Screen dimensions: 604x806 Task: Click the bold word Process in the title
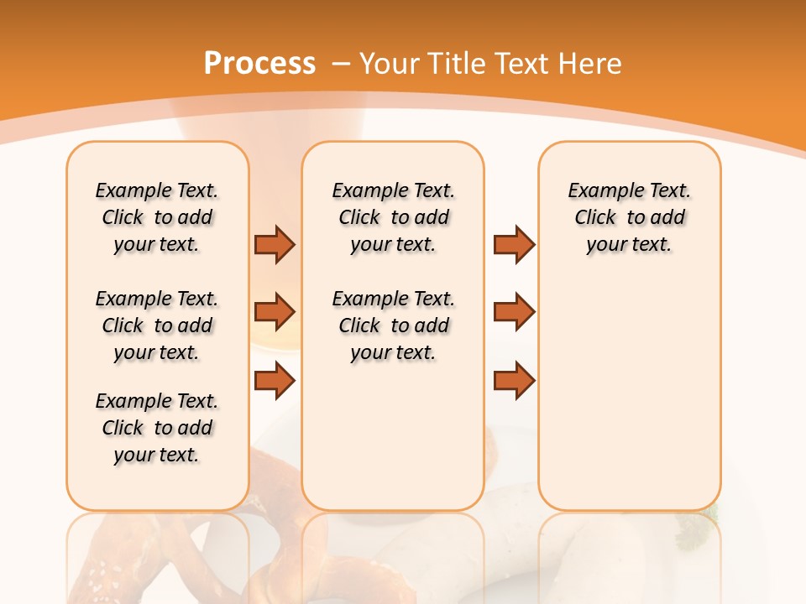pos(259,64)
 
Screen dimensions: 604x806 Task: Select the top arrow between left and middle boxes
pos(275,244)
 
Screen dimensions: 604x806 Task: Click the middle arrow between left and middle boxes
pos(275,312)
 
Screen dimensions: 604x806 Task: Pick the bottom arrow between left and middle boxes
pos(275,381)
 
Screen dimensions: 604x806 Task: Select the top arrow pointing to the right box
pos(514,244)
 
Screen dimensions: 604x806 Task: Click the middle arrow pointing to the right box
pos(514,312)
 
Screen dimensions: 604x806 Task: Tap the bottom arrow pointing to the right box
pos(514,381)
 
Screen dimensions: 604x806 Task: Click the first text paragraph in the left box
pos(157,217)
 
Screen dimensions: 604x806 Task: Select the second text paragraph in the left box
pos(157,325)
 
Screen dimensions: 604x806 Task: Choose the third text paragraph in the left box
pos(157,428)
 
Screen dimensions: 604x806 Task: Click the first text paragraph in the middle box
pos(393,217)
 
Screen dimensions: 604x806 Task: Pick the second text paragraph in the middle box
pos(393,325)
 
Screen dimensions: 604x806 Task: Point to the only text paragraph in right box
pos(629,217)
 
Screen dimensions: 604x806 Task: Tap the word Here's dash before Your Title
pos(341,65)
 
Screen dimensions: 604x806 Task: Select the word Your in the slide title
pos(390,64)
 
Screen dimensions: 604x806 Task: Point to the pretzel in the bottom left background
pos(126,554)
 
